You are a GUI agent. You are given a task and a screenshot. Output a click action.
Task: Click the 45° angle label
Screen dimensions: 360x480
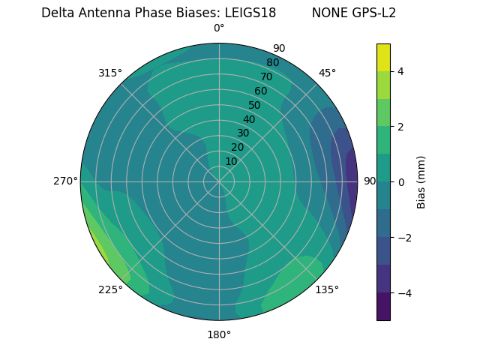point(327,73)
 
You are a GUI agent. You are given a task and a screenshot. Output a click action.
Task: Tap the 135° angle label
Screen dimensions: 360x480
point(327,289)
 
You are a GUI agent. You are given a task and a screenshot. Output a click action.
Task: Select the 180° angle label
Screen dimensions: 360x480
point(219,334)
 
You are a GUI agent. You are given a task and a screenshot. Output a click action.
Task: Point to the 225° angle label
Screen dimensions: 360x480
point(110,290)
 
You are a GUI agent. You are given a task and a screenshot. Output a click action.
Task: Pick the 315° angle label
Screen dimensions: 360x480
point(110,73)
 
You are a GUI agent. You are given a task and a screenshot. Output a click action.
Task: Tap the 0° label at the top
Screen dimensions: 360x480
point(219,28)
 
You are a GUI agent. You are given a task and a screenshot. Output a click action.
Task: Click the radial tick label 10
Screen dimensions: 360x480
point(231,161)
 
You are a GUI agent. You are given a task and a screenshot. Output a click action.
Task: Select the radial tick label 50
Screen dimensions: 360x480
point(254,105)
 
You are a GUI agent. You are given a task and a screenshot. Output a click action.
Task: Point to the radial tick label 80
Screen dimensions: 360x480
point(272,62)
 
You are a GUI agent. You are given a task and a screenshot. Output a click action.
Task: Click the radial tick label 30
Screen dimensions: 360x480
point(243,133)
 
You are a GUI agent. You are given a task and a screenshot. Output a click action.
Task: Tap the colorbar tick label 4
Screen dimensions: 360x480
point(401,71)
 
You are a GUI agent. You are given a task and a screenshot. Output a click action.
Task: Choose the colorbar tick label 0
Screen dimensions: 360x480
point(401,182)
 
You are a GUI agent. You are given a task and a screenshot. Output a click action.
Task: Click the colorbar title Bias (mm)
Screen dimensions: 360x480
point(421,182)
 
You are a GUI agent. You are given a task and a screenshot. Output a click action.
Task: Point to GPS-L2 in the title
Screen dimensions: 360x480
point(374,13)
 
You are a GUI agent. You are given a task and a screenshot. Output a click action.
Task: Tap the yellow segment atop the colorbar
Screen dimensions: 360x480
point(383,57)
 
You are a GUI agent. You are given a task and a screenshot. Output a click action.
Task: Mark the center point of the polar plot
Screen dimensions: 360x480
point(219,181)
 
